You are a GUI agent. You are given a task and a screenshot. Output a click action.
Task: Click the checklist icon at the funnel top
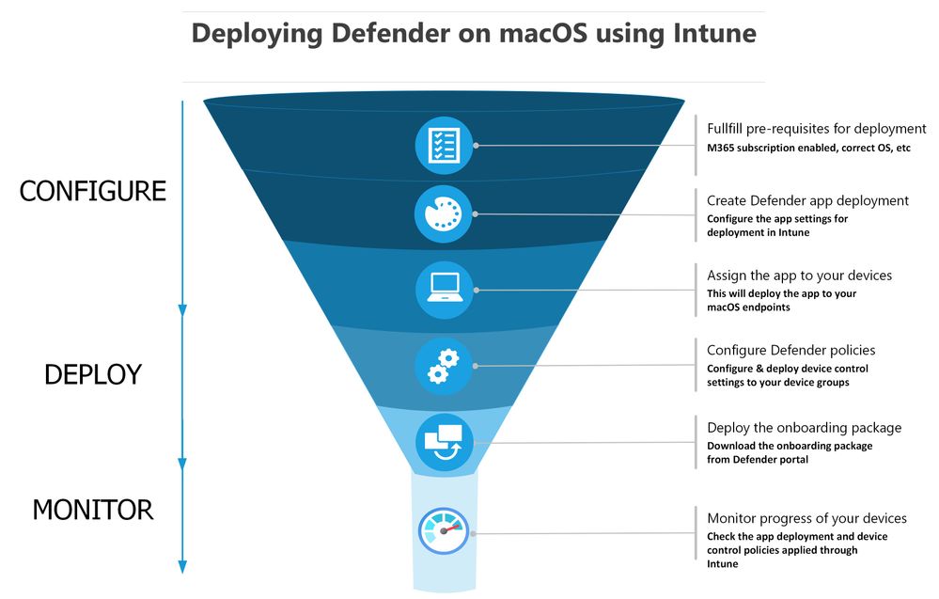coord(444,146)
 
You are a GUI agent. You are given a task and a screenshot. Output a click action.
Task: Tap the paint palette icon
coord(444,214)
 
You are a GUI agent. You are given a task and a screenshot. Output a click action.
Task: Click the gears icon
coord(444,366)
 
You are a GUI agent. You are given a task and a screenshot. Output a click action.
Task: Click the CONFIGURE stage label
coord(92,192)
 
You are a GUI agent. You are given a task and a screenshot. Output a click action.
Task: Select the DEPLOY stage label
coord(92,374)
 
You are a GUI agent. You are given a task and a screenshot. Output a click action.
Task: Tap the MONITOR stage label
coord(92,511)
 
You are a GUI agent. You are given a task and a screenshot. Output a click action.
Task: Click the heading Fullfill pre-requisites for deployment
coord(816,129)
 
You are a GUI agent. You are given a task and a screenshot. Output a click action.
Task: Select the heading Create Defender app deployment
coord(807,200)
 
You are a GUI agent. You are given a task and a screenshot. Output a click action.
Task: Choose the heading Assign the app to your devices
coord(799,276)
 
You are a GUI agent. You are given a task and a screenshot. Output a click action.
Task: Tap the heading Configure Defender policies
coord(790,351)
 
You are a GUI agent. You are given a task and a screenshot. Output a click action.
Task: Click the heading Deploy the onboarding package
coord(804,428)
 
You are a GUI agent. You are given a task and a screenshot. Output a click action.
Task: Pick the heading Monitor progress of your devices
coord(806,518)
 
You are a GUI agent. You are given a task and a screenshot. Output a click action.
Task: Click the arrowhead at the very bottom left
coord(182,566)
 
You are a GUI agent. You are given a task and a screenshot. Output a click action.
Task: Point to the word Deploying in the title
coord(252,33)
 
